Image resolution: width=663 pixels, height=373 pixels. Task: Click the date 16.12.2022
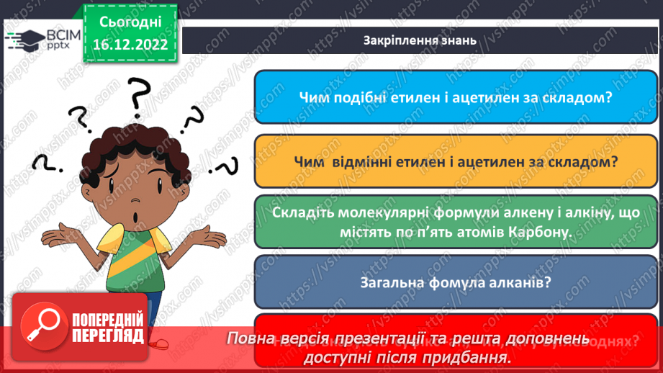click(x=130, y=45)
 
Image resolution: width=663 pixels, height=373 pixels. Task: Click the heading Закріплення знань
click(x=420, y=40)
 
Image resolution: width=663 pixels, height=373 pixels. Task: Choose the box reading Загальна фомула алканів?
click(x=459, y=282)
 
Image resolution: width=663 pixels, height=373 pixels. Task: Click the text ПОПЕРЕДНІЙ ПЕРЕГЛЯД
click(x=108, y=328)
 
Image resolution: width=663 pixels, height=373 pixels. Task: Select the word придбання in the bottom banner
click(x=471, y=356)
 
